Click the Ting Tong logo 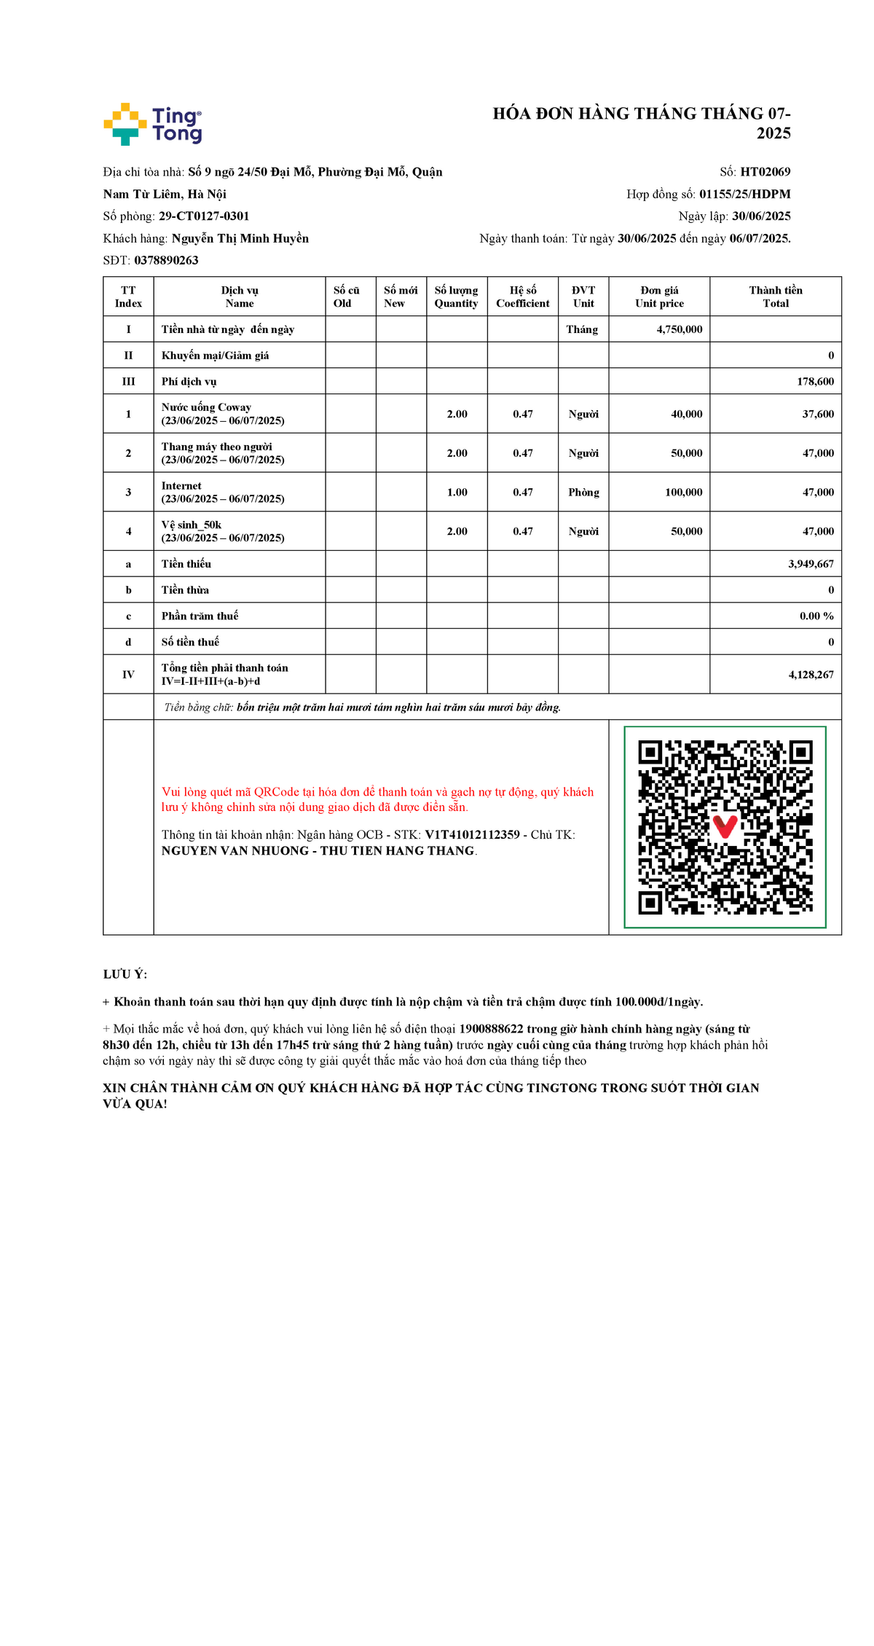(153, 124)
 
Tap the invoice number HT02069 (765, 172)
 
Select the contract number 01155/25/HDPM (744, 194)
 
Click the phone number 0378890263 (166, 260)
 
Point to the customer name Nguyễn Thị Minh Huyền (240, 238)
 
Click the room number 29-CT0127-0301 (204, 216)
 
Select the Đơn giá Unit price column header (659, 297)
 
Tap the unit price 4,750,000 (679, 329)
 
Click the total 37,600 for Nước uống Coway (818, 414)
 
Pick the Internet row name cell (222, 492)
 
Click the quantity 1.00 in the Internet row (457, 493)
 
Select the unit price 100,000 (683, 493)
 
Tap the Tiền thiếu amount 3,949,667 (811, 564)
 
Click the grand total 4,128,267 (811, 675)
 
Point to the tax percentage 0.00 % (816, 616)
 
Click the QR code (725, 827)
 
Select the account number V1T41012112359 (472, 835)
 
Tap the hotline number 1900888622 (491, 1029)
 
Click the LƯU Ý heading (125, 974)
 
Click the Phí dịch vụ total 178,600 (815, 382)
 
